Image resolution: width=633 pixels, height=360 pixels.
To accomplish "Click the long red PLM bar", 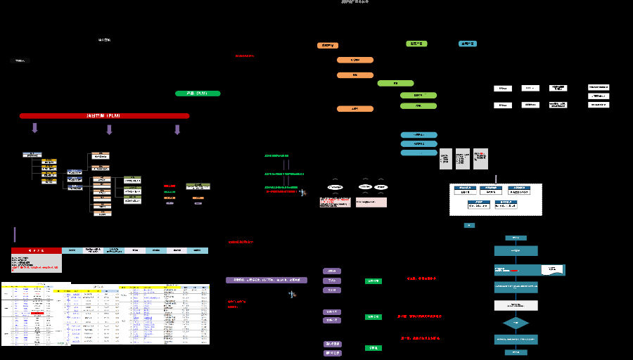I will click(104, 115).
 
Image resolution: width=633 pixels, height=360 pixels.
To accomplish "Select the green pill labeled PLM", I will click(198, 93).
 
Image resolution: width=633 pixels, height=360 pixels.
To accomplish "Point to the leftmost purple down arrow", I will click(34, 128).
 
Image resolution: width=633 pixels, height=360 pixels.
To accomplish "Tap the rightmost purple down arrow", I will click(177, 129).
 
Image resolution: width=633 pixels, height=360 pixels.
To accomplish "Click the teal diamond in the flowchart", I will click(516, 323).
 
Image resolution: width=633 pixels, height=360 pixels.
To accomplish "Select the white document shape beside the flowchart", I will click(552, 269).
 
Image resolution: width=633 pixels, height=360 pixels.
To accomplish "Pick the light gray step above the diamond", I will click(516, 305).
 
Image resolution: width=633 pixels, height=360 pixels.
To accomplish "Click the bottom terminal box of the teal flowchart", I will click(516, 352).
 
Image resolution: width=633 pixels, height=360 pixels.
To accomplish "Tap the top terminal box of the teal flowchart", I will click(516, 238).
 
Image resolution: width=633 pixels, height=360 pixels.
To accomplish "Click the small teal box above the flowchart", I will click(469, 225).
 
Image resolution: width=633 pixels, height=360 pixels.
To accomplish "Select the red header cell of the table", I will click(36, 250).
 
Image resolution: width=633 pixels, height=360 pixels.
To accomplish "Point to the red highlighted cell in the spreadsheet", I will click(37, 312).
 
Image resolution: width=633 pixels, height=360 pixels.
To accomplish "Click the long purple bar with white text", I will click(267, 280).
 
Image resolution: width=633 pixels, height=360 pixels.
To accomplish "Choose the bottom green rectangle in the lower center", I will click(373, 348).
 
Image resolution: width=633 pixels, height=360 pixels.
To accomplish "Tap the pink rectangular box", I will click(371, 202).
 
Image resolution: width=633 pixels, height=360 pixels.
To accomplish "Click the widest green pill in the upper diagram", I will click(395, 83).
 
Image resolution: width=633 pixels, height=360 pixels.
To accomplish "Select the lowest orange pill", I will click(354, 109).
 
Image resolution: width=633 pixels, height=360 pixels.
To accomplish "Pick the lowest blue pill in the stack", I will click(418, 153).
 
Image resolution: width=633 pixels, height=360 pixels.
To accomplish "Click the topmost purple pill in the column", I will click(332, 271).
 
